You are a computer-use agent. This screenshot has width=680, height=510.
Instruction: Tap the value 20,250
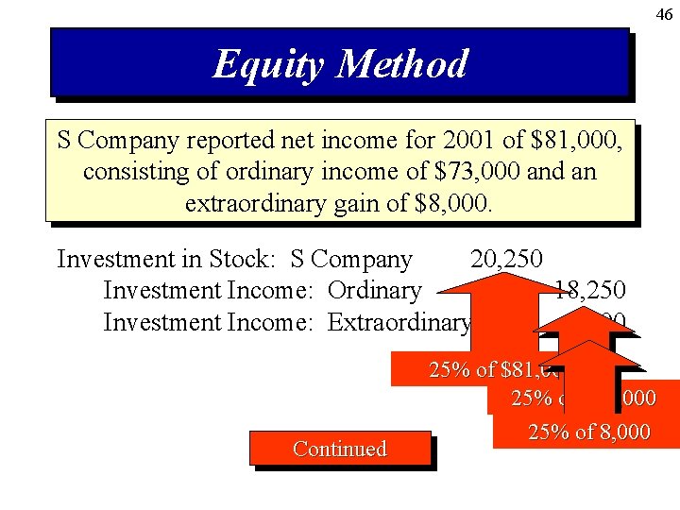coord(505,259)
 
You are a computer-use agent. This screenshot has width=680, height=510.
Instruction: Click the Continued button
coord(340,449)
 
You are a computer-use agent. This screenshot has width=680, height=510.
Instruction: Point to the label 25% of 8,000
coord(588,433)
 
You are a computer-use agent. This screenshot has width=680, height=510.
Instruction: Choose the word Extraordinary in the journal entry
coord(399,322)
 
